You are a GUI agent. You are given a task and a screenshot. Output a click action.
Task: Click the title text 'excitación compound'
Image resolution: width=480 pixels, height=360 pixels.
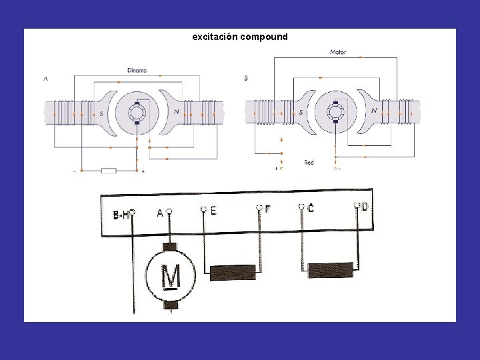coord(240,37)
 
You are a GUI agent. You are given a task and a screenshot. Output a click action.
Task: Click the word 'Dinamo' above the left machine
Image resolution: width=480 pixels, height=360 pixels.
coord(137,71)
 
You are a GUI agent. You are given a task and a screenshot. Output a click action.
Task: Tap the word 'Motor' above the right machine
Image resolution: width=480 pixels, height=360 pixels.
coord(338,52)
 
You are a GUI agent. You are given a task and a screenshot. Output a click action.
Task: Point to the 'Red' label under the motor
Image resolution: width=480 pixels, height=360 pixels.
coord(309,162)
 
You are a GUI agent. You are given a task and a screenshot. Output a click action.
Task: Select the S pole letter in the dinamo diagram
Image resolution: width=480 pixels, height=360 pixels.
coord(101,113)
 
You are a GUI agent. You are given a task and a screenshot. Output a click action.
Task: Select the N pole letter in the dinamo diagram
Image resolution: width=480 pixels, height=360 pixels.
coord(175,112)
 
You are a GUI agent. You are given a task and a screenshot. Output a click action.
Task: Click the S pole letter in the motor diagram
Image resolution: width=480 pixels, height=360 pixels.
coord(301,112)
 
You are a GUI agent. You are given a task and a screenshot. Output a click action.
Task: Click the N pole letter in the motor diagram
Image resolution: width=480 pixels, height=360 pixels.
coord(374,111)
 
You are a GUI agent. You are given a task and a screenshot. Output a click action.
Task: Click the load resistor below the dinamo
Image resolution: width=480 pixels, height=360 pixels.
coord(108,171)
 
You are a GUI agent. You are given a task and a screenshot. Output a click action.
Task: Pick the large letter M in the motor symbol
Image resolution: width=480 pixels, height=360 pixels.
coord(171,275)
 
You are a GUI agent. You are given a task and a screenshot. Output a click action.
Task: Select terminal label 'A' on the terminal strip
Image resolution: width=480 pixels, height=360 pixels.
coord(160,213)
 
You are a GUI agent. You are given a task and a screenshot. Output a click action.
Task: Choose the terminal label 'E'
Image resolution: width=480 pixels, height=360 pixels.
coord(213,211)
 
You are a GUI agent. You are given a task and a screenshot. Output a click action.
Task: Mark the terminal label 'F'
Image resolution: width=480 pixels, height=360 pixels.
coord(267,209)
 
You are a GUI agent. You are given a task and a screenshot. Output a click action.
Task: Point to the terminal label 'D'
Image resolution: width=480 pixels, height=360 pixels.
coord(365,207)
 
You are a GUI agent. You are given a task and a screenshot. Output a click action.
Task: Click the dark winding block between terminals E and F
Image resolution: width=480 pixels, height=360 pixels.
coord(233,271)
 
